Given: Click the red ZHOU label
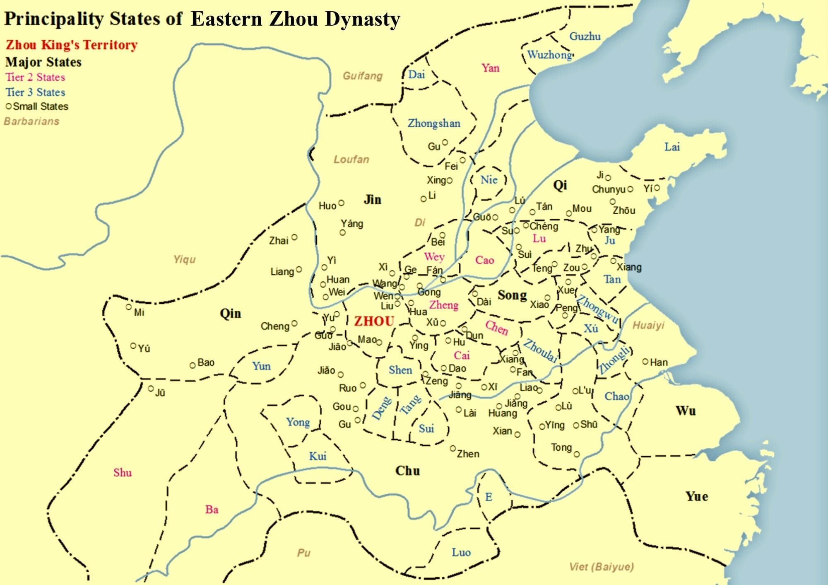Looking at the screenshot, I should pyautogui.click(x=374, y=321).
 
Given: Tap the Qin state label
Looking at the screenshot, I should pyautogui.click(x=230, y=313).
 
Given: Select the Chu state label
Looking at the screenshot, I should pyautogui.click(x=407, y=471).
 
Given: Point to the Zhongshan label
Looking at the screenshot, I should pyautogui.click(x=434, y=123).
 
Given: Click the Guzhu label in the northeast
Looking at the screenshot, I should pyautogui.click(x=585, y=36).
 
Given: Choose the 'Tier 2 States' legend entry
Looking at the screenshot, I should pyautogui.click(x=35, y=77).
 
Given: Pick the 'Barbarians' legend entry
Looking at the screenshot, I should pyautogui.click(x=31, y=121).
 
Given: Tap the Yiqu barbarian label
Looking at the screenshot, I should pyautogui.click(x=184, y=260).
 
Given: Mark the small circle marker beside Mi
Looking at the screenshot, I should pyautogui.click(x=129, y=307).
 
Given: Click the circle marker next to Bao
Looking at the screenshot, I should pyautogui.click(x=193, y=365).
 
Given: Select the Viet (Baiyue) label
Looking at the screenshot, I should pyautogui.click(x=601, y=567).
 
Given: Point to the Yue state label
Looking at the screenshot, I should pyautogui.click(x=697, y=496).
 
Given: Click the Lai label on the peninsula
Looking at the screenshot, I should pyautogui.click(x=672, y=147).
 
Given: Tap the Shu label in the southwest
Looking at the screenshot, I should pyautogui.click(x=123, y=473).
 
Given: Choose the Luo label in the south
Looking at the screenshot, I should pyautogui.click(x=461, y=552).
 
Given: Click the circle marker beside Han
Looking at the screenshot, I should pyautogui.click(x=645, y=362).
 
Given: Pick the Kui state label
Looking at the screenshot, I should pyautogui.click(x=318, y=456).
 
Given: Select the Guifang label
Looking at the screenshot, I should pyautogui.click(x=362, y=76).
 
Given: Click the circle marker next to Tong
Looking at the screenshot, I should pyautogui.click(x=577, y=454).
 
